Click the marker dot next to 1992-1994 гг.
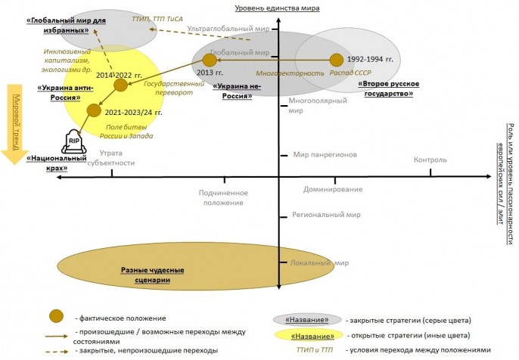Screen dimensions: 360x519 click(336, 59)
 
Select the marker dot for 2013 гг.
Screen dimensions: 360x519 click(210, 59)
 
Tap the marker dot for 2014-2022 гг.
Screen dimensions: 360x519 click(120, 85)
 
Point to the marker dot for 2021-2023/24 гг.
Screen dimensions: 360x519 click(93, 110)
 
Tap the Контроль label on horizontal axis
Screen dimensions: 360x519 click(430, 160)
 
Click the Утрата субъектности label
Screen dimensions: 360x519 click(111, 159)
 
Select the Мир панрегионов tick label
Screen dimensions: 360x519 click(325, 154)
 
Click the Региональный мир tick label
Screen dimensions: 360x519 click(327, 215)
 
